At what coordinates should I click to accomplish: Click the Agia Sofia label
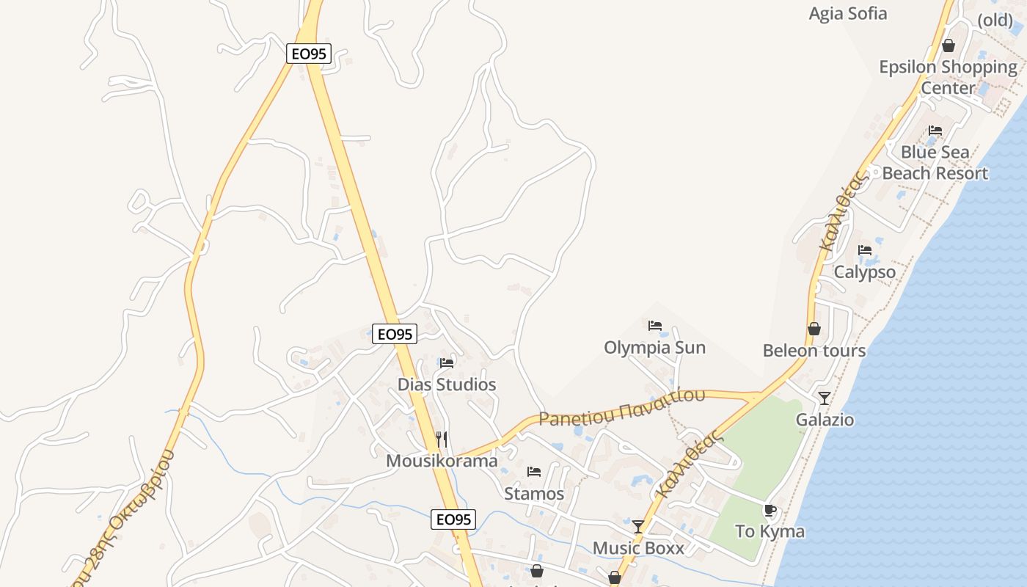(x=847, y=13)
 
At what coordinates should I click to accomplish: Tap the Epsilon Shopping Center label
(x=948, y=77)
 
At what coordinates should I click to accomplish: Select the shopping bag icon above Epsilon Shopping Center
(x=949, y=45)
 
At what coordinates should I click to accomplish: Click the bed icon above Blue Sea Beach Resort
(x=935, y=131)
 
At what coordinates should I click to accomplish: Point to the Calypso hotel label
(x=865, y=272)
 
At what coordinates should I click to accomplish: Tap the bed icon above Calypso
(x=865, y=250)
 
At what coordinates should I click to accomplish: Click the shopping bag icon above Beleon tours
(x=814, y=328)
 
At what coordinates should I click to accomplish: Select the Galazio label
(x=825, y=420)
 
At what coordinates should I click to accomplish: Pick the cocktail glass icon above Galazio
(x=825, y=398)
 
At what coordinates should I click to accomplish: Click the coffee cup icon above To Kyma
(x=770, y=510)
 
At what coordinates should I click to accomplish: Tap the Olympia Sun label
(x=654, y=347)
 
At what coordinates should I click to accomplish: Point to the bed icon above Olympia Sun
(x=655, y=325)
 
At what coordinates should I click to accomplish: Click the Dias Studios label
(x=447, y=384)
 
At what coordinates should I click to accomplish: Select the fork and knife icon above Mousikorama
(x=442, y=439)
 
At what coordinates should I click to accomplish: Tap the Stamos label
(x=534, y=494)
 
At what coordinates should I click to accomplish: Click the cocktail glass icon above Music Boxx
(x=638, y=527)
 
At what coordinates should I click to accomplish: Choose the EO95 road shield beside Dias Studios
(x=395, y=334)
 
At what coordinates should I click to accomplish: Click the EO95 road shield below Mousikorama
(x=453, y=519)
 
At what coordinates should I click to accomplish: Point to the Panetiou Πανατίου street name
(x=622, y=407)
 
